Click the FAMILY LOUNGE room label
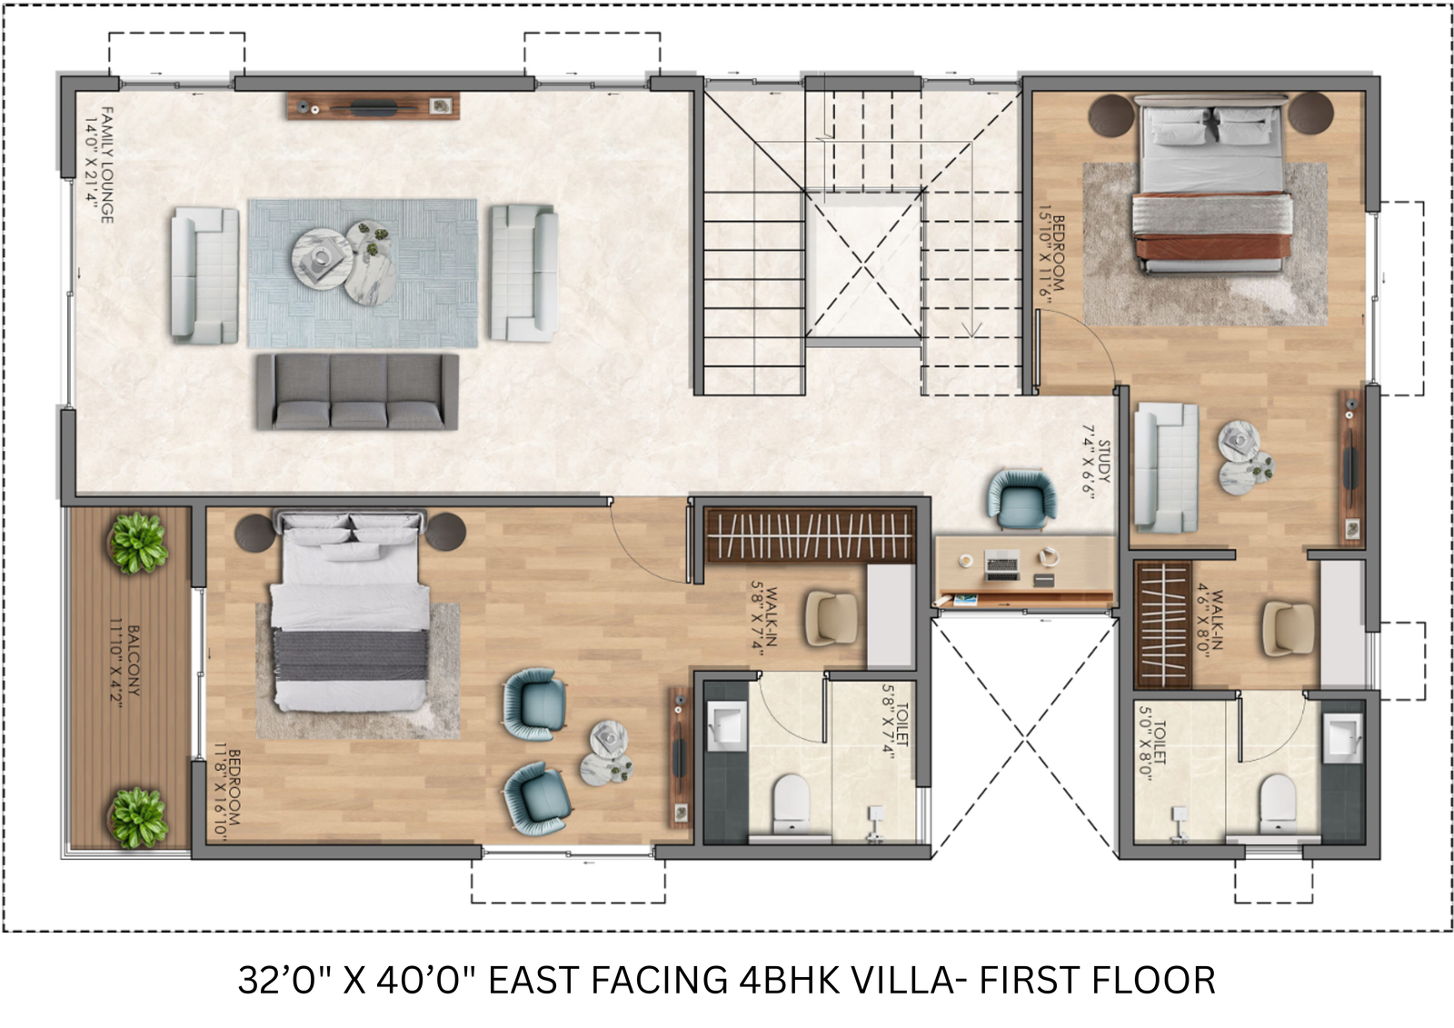click(108, 165)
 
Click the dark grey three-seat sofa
click(357, 392)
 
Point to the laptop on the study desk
click(1002, 564)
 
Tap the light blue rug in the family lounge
click(363, 274)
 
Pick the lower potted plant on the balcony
click(137, 818)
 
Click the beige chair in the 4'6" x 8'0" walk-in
click(1289, 629)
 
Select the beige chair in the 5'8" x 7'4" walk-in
click(832, 618)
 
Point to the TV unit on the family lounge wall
click(373, 105)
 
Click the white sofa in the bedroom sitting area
click(1167, 467)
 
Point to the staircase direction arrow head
click(971, 331)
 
